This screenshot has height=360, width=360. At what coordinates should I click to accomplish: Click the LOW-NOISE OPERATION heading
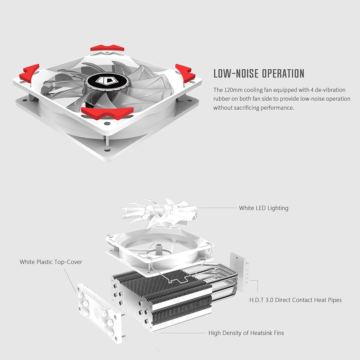(259, 74)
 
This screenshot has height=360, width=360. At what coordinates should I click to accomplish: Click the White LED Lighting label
(263, 208)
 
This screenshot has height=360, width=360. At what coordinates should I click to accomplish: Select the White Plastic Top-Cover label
(51, 262)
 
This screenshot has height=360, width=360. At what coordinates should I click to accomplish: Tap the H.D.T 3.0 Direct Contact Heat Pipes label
(295, 300)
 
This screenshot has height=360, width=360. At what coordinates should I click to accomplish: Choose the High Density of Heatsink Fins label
(246, 333)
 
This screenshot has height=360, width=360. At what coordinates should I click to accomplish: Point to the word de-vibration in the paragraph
(329, 90)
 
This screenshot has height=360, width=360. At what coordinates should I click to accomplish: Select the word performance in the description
(278, 108)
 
